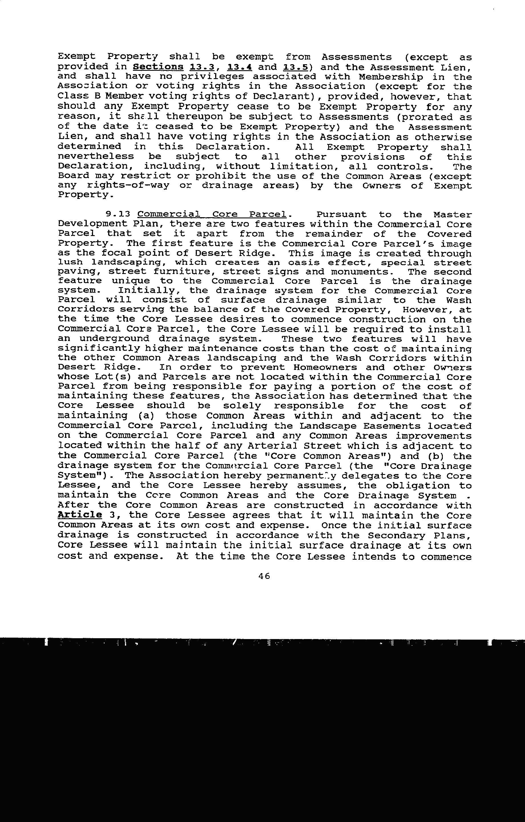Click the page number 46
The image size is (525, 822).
(x=264, y=576)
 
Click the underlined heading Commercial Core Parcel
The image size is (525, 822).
(x=212, y=215)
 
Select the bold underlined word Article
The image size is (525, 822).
(x=80, y=515)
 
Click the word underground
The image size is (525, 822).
(x=114, y=339)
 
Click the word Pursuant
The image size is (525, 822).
(x=341, y=215)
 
